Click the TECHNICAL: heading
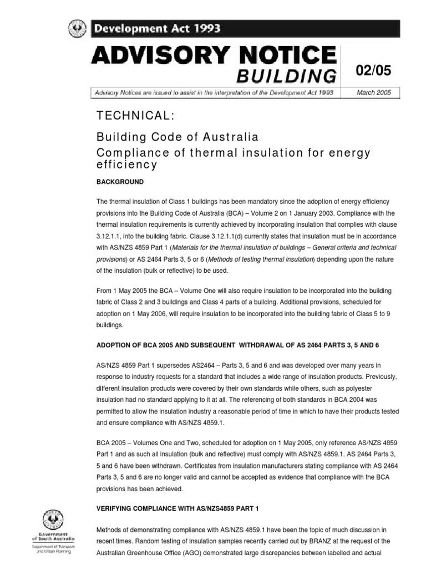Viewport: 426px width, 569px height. pyautogui.click(x=135, y=116)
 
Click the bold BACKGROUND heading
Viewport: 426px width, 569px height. pyautogui.click(x=120, y=182)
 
